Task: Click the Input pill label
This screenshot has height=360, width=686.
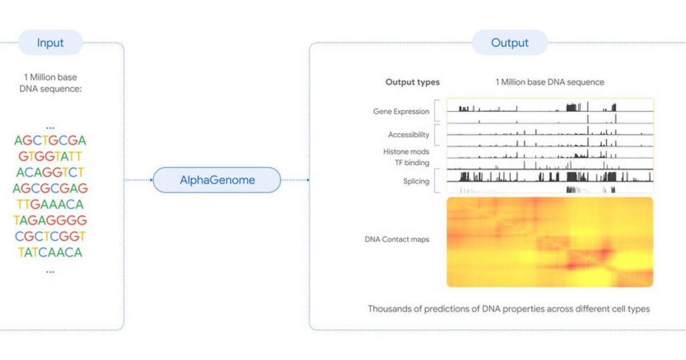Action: pyautogui.click(x=50, y=43)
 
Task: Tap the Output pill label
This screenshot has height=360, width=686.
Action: pyautogui.click(x=509, y=43)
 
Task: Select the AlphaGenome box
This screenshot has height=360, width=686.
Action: pyautogui.click(x=217, y=181)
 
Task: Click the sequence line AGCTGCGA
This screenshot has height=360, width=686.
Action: pyautogui.click(x=50, y=141)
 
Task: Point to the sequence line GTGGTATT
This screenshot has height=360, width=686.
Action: pyautogui.click(x=50, y=157)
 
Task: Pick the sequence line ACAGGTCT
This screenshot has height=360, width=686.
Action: pyautogui.click(x=50, y=173)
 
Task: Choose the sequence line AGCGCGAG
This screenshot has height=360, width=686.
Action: pyautogui.click(x=50, y=189)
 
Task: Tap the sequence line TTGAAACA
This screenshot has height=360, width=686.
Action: pyautogui.click(x=50, y=205)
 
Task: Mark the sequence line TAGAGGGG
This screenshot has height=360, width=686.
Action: pyautogui.click(x=50, y=221)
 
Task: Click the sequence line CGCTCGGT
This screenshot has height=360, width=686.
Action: pyautogui.click(x=50, y=237)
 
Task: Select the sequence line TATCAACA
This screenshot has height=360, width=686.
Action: pyautogui.click(x=50, y=253)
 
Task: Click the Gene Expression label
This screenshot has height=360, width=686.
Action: pyautogui.click(x=401, y=111)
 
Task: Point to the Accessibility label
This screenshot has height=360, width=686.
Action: pyautogui.click(x=408, y=135)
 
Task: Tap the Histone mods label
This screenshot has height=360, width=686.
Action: pyautogui.click(x=406, y=152)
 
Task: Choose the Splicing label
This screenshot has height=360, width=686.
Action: pyautogui.click(x=416, y=182)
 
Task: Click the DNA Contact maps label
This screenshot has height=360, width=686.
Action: pyautogui.click(x=397, y=239)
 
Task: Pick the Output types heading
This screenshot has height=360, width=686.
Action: pyautogui.click(x=412, y=82)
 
